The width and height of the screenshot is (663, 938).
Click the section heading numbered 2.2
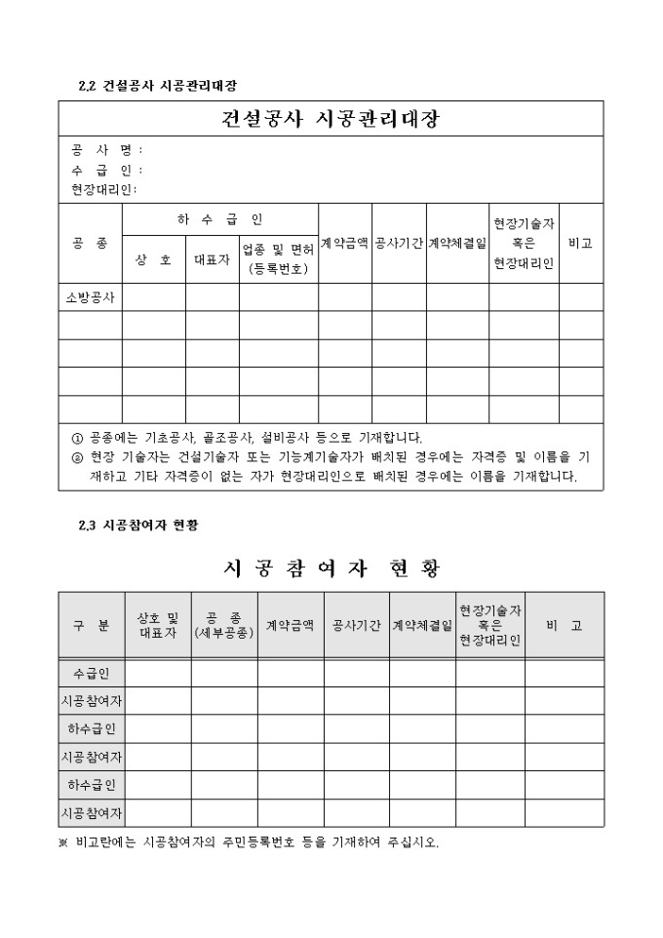click(157, 86)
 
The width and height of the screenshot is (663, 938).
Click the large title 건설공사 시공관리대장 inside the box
click(331, 119)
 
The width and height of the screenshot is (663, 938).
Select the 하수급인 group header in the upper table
click(219, 219)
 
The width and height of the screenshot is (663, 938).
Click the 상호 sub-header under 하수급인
click(153, 259)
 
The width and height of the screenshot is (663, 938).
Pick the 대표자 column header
click(212, 259)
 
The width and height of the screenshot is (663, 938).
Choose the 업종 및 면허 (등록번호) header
click(278, 259)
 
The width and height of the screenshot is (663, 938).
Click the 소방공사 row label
click(90, 297)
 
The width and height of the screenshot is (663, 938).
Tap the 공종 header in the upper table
click(90, 243)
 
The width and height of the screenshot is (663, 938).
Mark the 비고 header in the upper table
click(580, 243)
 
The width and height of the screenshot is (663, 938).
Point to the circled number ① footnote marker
click(78, 438)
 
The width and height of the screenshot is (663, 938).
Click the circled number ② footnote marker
click(78, 456)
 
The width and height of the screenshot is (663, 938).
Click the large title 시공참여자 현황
click(331, 567)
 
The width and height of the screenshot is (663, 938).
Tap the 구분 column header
click(91, 625)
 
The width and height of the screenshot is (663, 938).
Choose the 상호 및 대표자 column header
click(157, 625)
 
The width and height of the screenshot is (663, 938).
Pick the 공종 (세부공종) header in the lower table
click(223, 625)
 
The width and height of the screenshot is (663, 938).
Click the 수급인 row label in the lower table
click(91, 673)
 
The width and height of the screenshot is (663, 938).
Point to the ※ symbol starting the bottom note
click(63, 843)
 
